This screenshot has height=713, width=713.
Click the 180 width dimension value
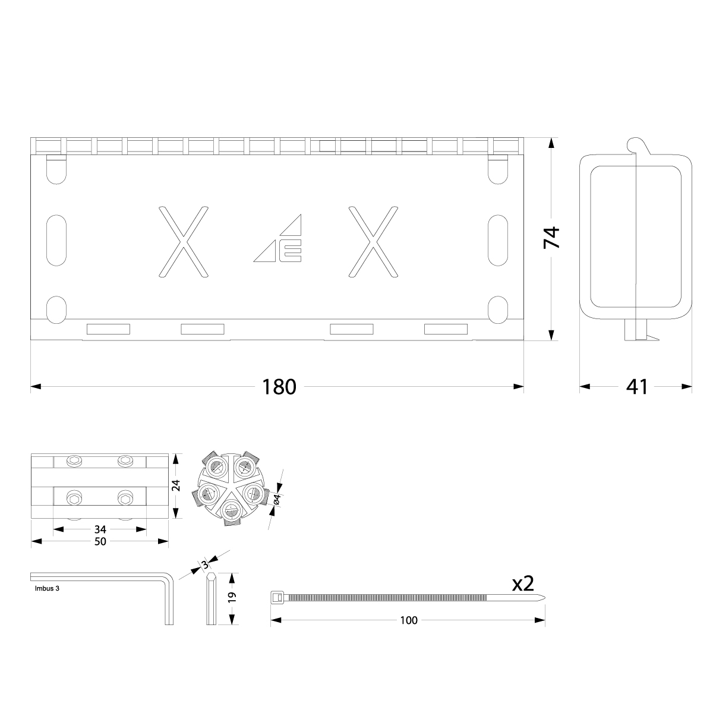coord(279,387)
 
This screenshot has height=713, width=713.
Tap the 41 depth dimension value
coord(636,387)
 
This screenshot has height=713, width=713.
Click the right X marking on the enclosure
coord(373,241)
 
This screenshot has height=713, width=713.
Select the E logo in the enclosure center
coord(290,251)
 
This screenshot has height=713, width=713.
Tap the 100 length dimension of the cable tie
coord(409,620)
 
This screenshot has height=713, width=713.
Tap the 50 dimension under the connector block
coord(100,541)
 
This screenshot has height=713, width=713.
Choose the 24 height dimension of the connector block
coord(175,487)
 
